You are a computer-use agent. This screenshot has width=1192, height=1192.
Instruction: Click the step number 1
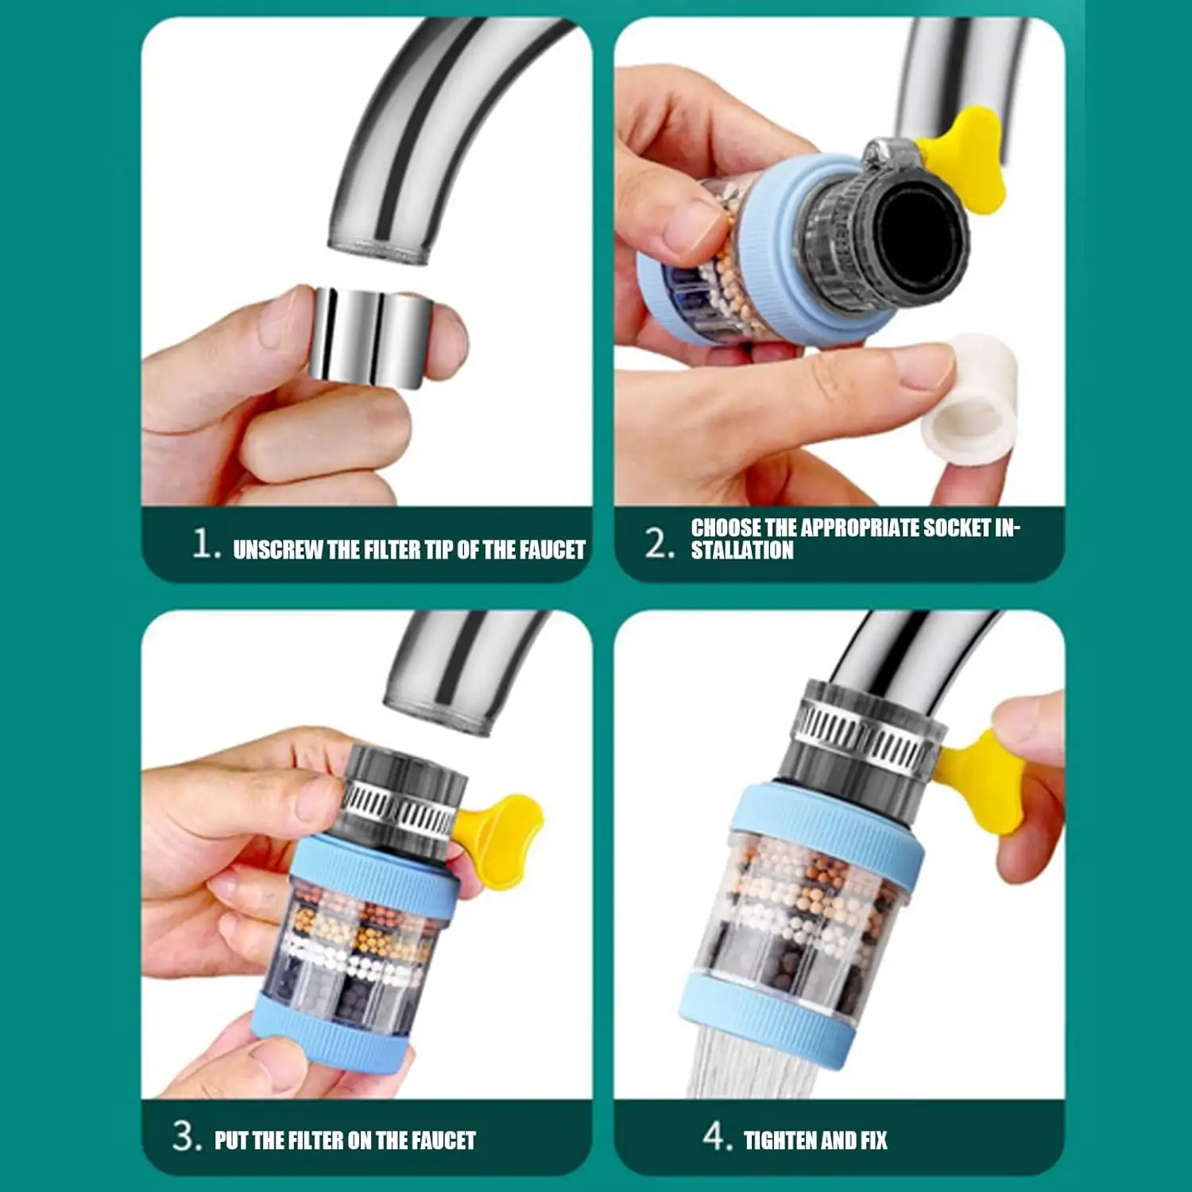click(x=206, y=544)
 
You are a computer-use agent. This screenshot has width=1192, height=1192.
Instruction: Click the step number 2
click(x=660, y=544)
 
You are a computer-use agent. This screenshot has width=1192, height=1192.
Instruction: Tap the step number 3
click(x=187, y=1136)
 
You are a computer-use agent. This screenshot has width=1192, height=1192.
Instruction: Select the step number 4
click(x=718, y=1136)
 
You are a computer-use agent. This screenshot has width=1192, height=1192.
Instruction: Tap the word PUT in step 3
click(x=231, y=1141)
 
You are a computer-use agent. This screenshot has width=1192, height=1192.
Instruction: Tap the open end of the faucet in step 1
click(x=380, y=253)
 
